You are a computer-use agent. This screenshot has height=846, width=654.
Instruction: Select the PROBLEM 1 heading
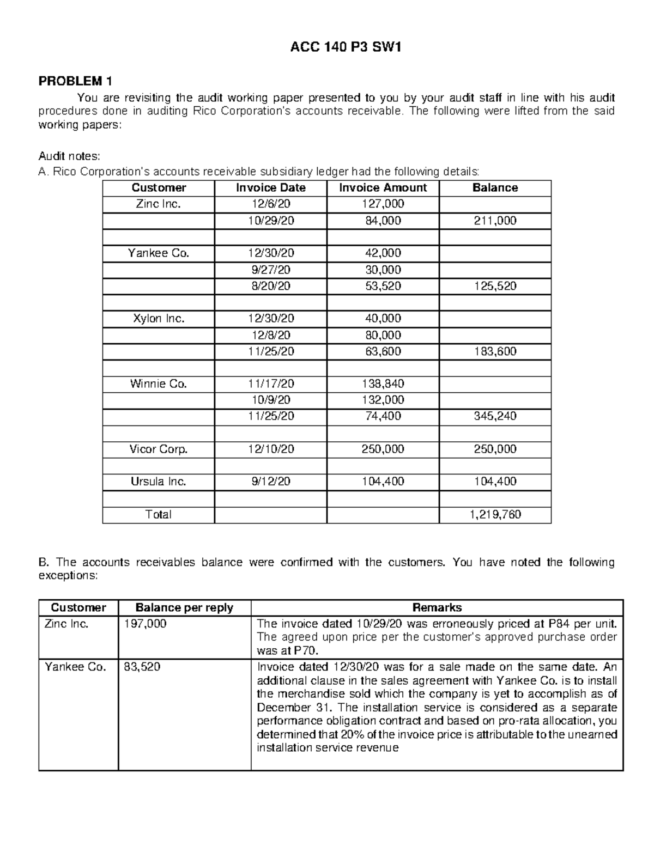coord(75,81)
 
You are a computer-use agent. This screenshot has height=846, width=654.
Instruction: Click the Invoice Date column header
coord(270,188)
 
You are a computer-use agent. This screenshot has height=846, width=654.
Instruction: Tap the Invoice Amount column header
coord(383,188)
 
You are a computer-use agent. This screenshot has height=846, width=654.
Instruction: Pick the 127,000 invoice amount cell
coord(383,204)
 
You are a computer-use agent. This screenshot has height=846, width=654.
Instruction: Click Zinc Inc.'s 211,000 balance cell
coord(495,221)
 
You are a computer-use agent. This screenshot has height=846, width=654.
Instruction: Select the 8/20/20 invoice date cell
coord(270,286)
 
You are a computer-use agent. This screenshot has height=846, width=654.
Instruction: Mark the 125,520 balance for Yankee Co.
coord(495,286)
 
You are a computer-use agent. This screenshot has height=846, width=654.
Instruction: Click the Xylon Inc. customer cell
coord(159,319)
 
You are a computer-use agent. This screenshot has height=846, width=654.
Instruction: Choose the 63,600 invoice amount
coord(383,351)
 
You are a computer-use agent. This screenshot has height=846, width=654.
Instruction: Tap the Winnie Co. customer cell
coord(159,384)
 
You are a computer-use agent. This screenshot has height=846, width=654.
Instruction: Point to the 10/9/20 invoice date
coord(270,400)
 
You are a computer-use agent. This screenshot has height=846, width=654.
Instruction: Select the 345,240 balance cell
coord(495,416)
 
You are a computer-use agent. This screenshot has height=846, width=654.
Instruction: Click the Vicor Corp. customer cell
coord(159,449)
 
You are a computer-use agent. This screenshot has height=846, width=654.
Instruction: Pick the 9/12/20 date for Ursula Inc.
coord(270,482)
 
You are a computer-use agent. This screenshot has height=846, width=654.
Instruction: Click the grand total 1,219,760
coord(495,515)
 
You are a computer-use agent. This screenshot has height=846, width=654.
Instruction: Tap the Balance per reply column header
coord(184,608)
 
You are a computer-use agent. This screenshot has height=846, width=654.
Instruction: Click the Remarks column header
coord(437,608)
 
